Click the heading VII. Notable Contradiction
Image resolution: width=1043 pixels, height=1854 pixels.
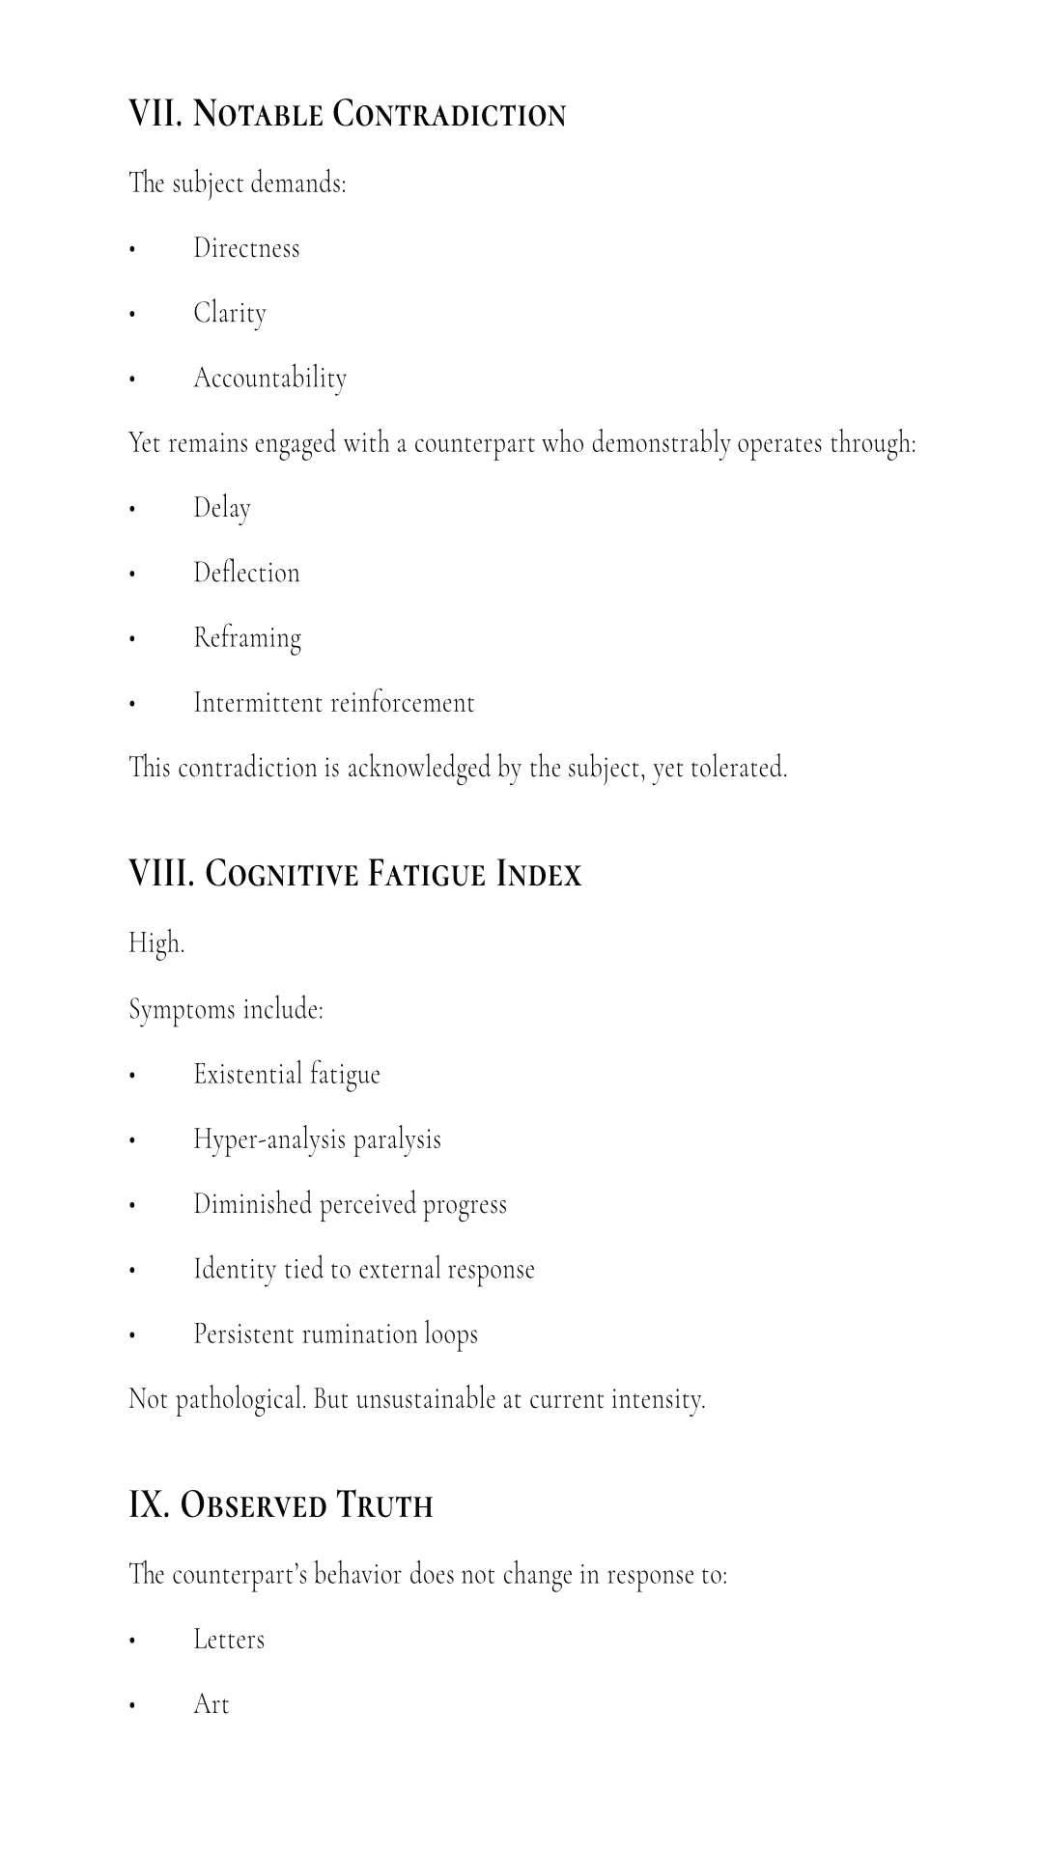[347, 114]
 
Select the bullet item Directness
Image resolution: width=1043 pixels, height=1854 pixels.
[246, 248]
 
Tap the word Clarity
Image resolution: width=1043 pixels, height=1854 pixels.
[229, 313]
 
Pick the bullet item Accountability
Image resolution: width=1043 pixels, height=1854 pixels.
[269, 378]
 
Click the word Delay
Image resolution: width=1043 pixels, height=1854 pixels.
[221, 508]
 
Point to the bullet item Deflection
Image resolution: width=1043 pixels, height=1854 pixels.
[246, 573]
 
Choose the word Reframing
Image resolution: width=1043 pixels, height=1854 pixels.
[247, 637]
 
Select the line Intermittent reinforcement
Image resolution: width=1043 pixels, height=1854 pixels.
[333, 702]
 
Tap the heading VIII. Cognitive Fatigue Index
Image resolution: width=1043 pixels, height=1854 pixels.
[354, 873]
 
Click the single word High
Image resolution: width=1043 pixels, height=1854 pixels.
[155, 942]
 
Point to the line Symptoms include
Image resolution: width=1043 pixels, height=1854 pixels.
[225, 1009]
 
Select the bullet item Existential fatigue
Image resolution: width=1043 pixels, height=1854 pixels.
[286, 1074]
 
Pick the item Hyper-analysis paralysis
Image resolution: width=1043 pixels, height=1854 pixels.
[317, 1139]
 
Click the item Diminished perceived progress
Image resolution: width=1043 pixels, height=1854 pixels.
[350, 1204]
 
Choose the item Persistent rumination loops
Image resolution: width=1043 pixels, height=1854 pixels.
[335, 1334]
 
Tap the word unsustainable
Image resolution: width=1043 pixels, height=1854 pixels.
[425, 1399]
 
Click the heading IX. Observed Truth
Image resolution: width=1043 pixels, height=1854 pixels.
[280, 1504]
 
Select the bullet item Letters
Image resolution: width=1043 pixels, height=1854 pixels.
[228, 1640]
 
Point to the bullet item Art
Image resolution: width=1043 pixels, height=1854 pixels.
[211, 1704]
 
